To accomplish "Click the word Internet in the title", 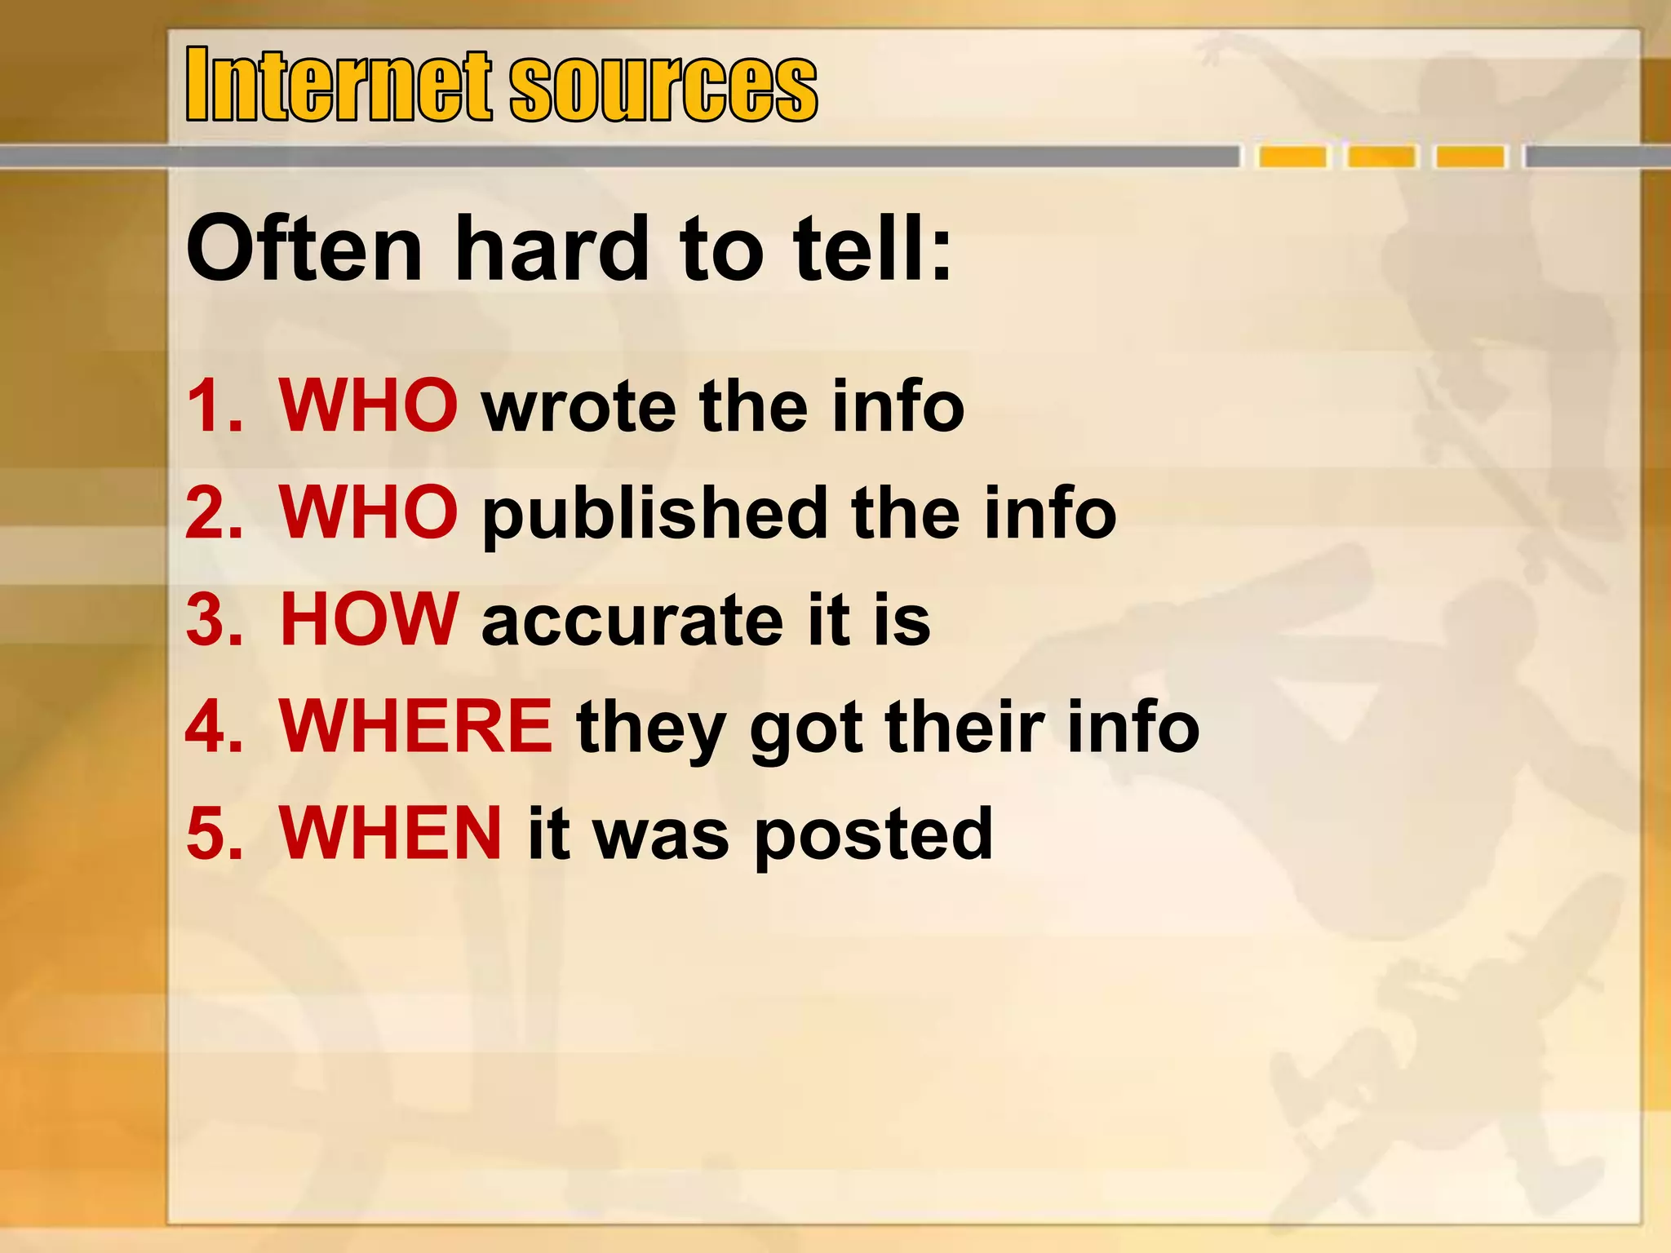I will [x=338, y=84].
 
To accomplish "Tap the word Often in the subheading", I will [x=304, y=248].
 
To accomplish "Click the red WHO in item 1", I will [x=368, y=405].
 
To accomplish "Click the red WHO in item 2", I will [x=368, y=512].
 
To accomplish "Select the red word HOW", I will [x=368, y=619].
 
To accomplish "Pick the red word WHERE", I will [x=416, y=726].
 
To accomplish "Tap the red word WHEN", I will [x=391, y=833].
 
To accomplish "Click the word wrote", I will [x=578, y=407].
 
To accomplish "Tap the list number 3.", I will [x=214, y=621].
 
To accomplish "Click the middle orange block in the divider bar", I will [x=1381, y=156].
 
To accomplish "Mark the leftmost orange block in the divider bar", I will [x=1292, y=156].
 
